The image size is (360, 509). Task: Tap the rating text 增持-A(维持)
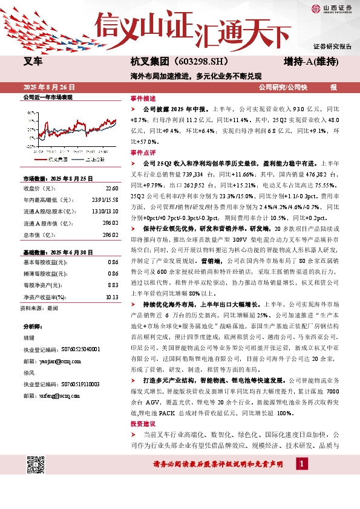click(311, 61)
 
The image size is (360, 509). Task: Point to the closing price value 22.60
click(111, 189)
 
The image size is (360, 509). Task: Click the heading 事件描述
click(143, 98)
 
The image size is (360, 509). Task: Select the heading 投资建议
click(143, 424)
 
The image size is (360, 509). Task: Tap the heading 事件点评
click(143, 152)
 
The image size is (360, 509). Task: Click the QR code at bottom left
click(36, 465)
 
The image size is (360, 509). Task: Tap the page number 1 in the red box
click(300, 463)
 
